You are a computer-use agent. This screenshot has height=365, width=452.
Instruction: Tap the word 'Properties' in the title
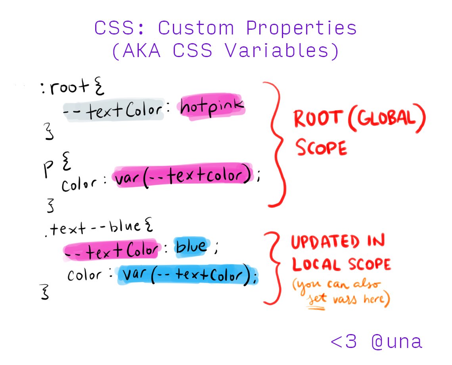[301, 29]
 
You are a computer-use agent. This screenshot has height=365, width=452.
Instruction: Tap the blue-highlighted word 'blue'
[192, 247]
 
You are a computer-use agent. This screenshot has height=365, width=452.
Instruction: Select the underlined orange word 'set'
[318, 298]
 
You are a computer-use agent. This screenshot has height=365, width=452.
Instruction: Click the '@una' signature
[397, 342]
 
